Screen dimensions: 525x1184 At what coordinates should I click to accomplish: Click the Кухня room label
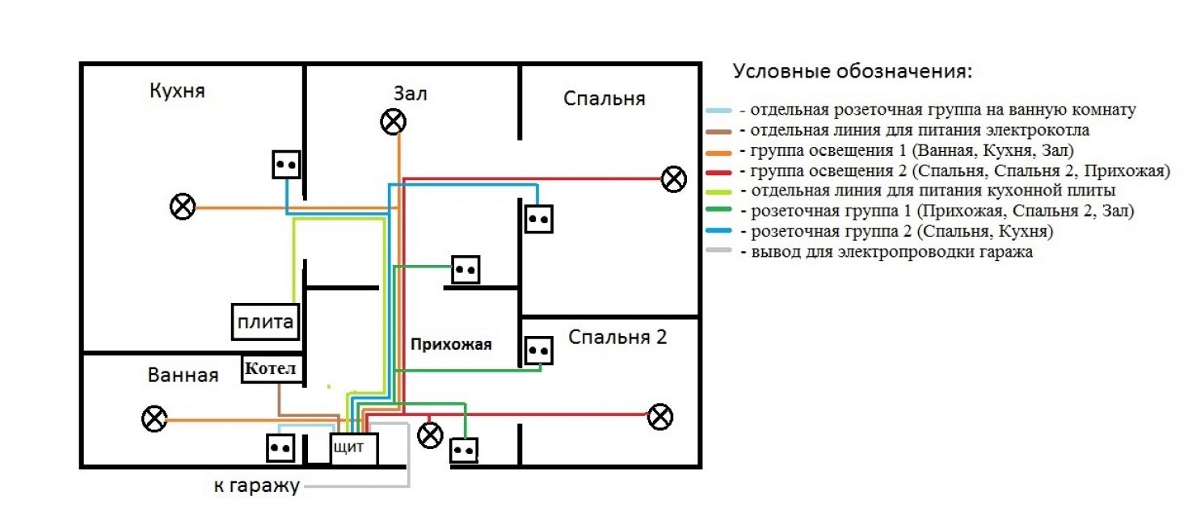178,90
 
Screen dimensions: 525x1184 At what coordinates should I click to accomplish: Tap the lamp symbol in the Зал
393,122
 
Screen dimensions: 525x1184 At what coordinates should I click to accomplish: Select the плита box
265,322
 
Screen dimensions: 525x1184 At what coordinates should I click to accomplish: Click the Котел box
273,369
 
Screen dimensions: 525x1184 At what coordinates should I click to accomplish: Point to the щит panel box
354,448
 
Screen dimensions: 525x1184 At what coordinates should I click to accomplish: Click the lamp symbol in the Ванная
154,419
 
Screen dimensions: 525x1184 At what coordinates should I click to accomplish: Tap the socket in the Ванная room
280,447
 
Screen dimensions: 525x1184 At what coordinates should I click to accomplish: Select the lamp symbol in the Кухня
183,207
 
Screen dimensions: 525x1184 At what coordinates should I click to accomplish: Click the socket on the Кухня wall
286,165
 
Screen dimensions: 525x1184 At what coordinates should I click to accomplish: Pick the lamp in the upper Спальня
673,178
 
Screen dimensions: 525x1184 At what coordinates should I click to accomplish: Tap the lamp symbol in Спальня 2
660,416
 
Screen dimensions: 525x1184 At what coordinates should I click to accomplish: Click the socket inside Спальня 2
538,351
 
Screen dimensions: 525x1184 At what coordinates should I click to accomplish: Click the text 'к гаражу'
256,485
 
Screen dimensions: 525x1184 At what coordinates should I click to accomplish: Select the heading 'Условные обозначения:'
853,71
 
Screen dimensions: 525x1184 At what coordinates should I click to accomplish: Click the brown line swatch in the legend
718,131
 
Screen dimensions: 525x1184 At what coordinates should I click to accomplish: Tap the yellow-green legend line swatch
718,191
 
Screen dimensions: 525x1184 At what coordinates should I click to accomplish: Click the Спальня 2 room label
617,337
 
